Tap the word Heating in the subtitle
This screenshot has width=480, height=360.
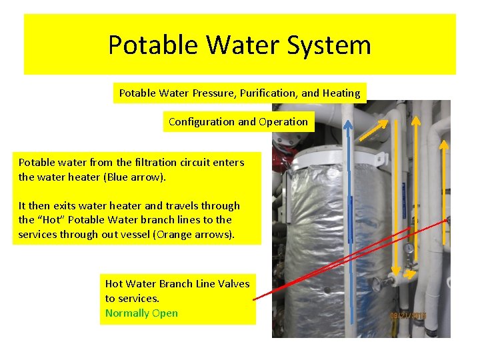click(340, 93)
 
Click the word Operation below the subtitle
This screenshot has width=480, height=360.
click(283, 122)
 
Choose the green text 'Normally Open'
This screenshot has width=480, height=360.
click(141, 313)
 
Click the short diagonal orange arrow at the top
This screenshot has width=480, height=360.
click(375, 130)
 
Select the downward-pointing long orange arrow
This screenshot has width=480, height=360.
click(395, 200)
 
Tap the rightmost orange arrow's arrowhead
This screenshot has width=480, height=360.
click(445, 144)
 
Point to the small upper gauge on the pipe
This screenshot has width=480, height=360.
click(408, 249)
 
